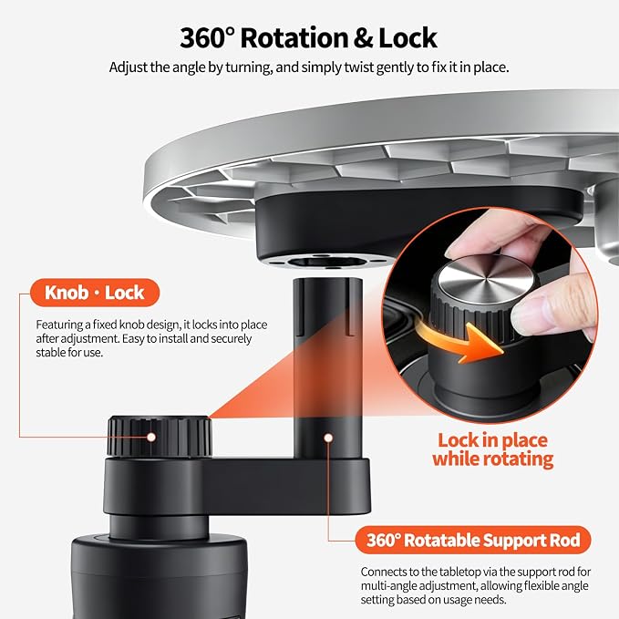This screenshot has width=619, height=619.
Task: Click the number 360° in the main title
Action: (207, 38)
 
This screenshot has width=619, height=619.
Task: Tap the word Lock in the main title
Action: (408, 38)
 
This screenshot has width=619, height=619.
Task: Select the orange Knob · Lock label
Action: (95, 293)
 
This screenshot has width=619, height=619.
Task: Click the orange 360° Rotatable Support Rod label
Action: (473, 540)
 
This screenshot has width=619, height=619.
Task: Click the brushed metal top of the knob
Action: (486, 280)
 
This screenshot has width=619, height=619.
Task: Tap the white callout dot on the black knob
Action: (151, 437)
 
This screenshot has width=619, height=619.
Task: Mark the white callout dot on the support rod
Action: (327, 438)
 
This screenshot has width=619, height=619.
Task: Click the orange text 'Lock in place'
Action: (492, 440)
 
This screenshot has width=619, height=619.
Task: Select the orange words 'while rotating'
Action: (492, 459)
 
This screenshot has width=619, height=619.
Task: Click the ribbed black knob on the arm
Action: (160, 437)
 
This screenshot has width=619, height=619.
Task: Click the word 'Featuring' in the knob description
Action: (59, 325)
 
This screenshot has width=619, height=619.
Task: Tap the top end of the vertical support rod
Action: (327, 280)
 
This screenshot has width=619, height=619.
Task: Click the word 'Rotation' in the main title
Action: (294, 38)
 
